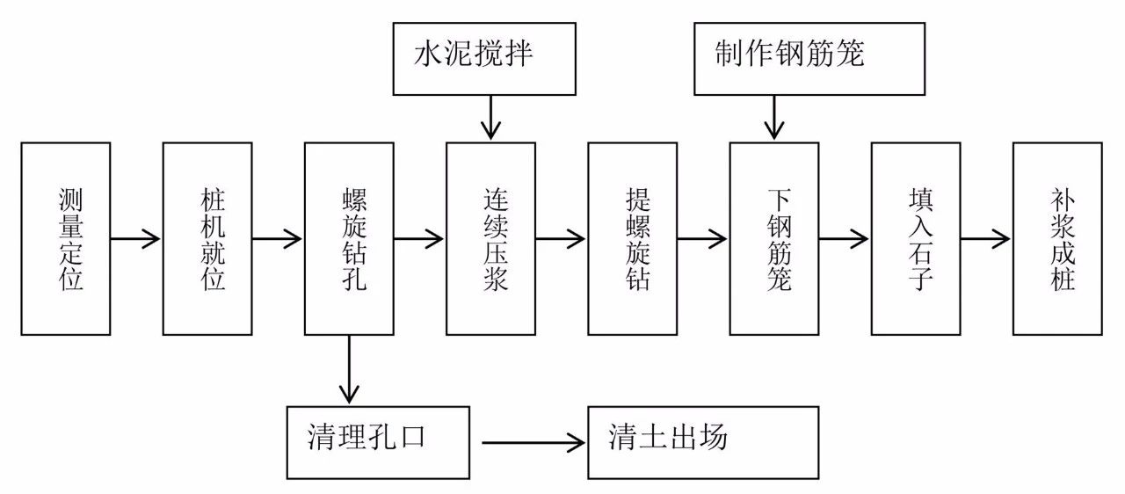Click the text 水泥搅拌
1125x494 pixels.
click(473, 54)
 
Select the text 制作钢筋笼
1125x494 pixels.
click(789, 54)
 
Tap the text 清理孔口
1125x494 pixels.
click(367, 437)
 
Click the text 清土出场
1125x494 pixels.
click(668, 437)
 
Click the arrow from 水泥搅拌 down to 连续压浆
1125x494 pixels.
click(490, 118)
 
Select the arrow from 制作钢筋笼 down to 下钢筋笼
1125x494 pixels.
click(774, 118)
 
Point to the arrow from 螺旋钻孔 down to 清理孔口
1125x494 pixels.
click(349, 369)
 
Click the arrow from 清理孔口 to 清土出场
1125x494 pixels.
click(533, 443)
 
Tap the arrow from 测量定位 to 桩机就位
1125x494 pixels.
click(135, 238)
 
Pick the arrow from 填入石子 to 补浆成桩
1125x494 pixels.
click(985, 238)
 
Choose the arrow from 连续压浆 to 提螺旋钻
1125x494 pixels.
click(561, 238)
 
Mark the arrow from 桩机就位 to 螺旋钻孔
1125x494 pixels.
click(277, 238)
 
